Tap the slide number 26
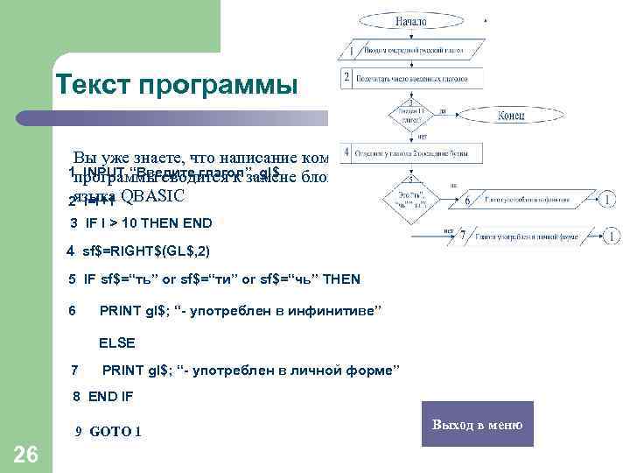pos(26,454)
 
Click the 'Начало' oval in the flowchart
pos(410,20)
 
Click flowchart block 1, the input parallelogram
pos(411,52)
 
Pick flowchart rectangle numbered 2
pos(411,78)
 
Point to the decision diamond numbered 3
pos(410,115)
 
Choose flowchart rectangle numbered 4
pos(411,153)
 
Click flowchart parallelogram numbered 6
pos(526,200)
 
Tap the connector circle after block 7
pos(610,236)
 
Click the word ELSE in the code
pos(117,342)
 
